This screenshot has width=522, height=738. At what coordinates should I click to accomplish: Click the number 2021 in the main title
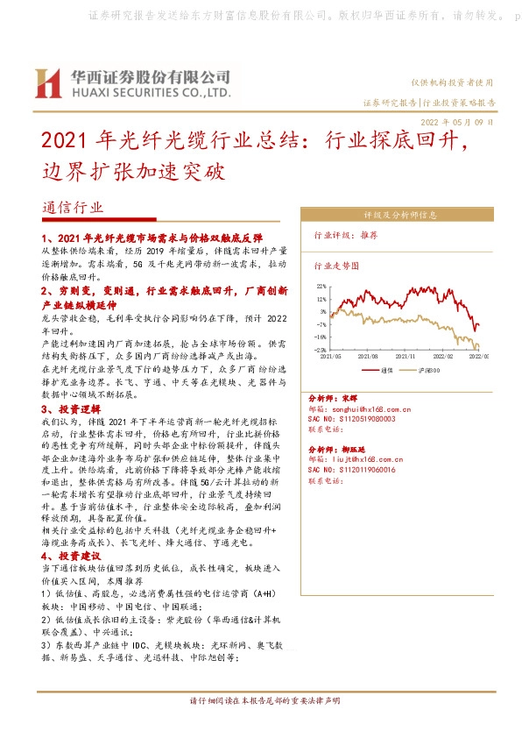(65, 141)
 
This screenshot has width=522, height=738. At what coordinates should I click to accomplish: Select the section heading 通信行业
(72, 208)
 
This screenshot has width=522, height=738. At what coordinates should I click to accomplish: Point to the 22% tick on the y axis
(321, 286)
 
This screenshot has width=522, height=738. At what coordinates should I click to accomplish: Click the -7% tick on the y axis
(321, 323)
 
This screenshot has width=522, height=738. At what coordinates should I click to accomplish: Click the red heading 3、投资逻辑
(71, 408)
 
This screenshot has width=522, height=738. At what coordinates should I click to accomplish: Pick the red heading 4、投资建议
(71, 556)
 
